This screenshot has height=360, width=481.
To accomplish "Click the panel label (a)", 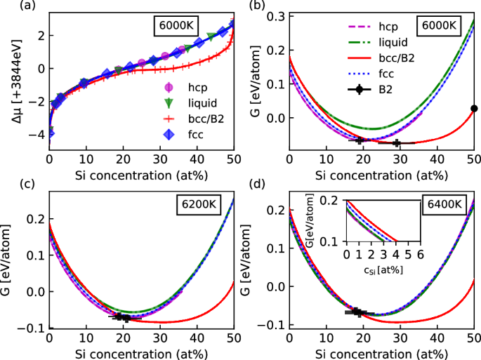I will tap(9, 6).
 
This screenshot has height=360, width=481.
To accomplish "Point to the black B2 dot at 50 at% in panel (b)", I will tap(474, 108).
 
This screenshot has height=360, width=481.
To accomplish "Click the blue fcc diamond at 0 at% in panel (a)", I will tap(50, 133).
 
